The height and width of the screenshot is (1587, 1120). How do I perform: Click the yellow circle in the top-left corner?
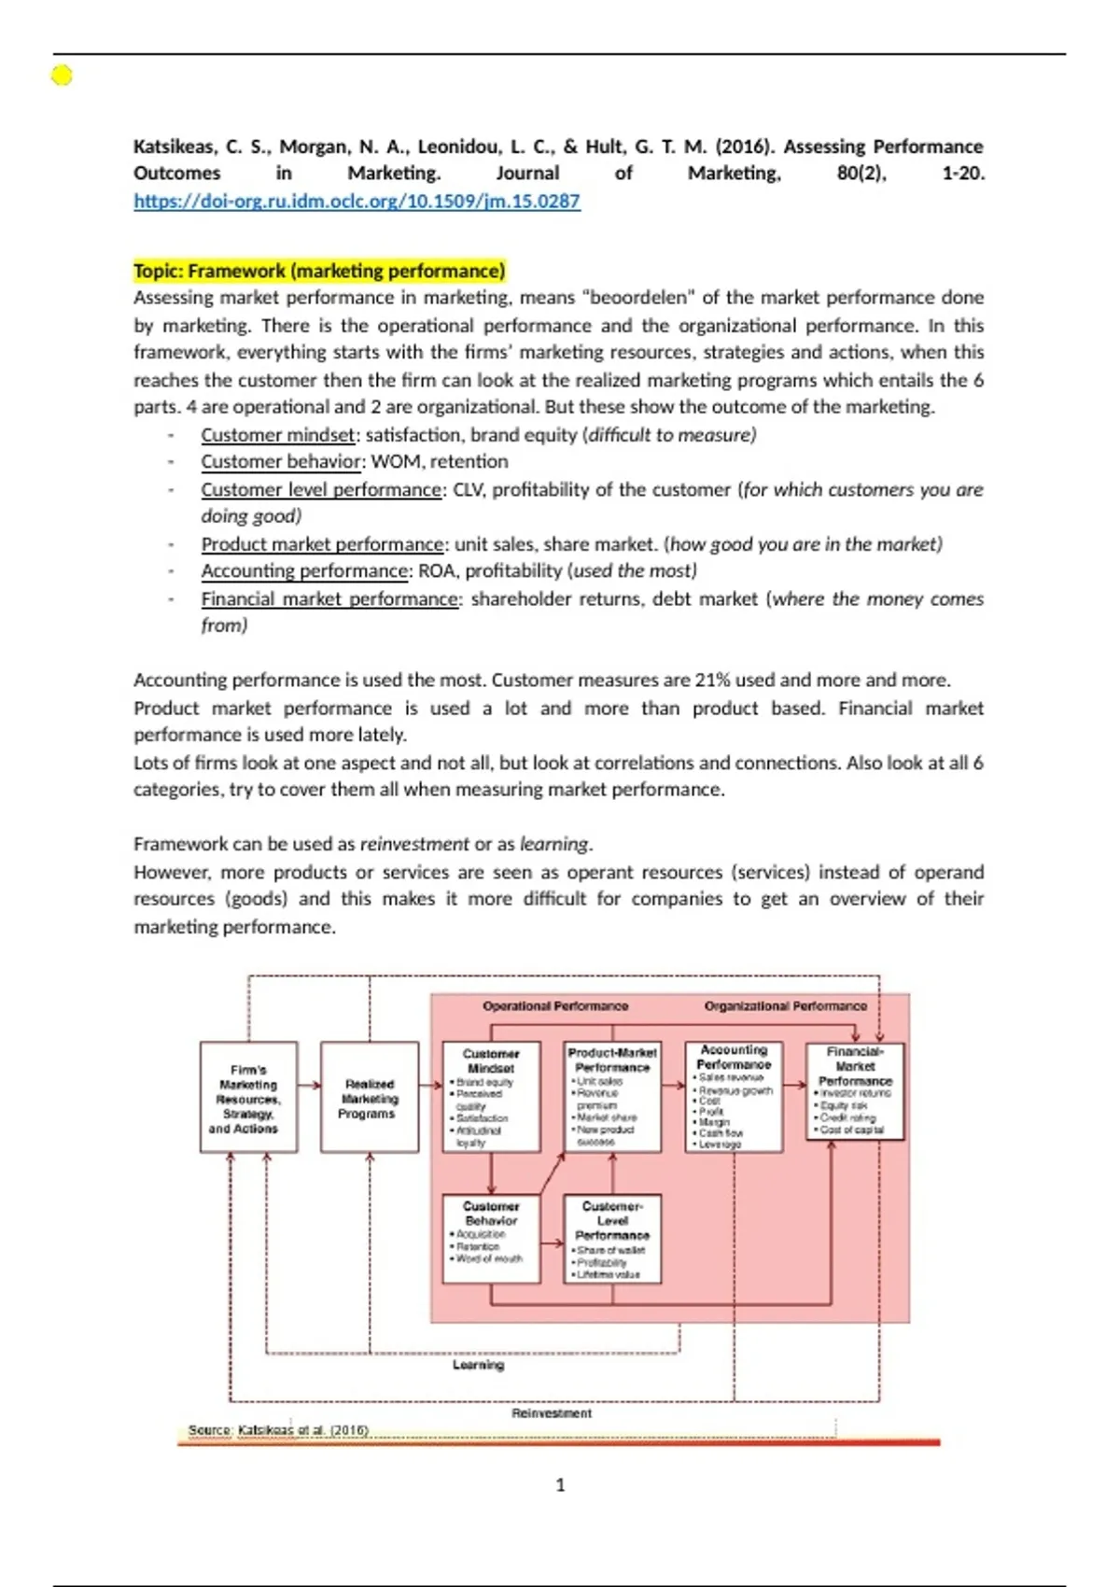tap(62, 76)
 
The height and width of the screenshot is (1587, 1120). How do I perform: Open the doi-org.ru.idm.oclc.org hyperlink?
tap(357, 201)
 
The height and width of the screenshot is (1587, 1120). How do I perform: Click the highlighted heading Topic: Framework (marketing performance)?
tap(319, 271)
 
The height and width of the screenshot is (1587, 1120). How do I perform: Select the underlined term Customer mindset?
tap(278, 435)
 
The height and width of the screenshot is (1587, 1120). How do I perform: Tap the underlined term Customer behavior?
tap(281, 462)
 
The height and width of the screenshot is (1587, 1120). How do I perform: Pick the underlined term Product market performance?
tap(322, 544)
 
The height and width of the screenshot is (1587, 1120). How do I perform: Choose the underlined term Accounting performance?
tap(304, 571)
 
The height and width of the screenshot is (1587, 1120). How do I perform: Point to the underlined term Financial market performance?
tap(330, 599)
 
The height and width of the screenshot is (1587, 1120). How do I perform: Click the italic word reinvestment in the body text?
tap(414, 844)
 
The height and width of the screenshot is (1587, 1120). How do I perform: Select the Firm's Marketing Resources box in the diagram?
tap(248, 1098)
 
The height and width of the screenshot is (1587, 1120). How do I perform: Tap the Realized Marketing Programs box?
tap(370, 1098)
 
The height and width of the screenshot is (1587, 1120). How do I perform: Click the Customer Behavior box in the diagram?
tap(491, 1239)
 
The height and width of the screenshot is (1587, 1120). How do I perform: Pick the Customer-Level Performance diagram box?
tap(612, 1239)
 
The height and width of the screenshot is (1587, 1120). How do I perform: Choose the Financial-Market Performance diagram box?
tap(855, 1091)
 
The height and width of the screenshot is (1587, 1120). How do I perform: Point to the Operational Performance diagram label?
tap(555, 1006)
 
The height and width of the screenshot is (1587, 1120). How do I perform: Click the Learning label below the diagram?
tap(478, 1365)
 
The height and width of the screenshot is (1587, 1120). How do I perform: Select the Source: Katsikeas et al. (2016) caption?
tap(278, 1430)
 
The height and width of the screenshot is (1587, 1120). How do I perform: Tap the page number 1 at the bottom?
tap(560, 1485)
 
